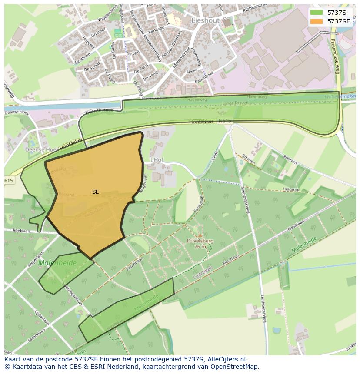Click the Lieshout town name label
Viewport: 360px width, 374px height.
tap(206, 20)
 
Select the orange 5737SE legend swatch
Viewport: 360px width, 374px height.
tap(317, 21)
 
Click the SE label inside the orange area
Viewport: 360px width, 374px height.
tap(95, 192)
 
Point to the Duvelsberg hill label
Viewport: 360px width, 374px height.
tap(200, 240)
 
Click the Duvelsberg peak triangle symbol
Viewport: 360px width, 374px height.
tap(200, 235)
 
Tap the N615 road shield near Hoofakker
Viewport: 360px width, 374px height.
tap(224, 121)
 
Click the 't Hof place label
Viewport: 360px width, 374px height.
tap(155, 160)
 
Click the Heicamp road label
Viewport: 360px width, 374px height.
tap(291, 189)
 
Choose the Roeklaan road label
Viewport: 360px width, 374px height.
tap(21, 231)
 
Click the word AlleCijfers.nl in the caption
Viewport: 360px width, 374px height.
tap(226, 359)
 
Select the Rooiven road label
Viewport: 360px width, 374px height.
tap(290, 160)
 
